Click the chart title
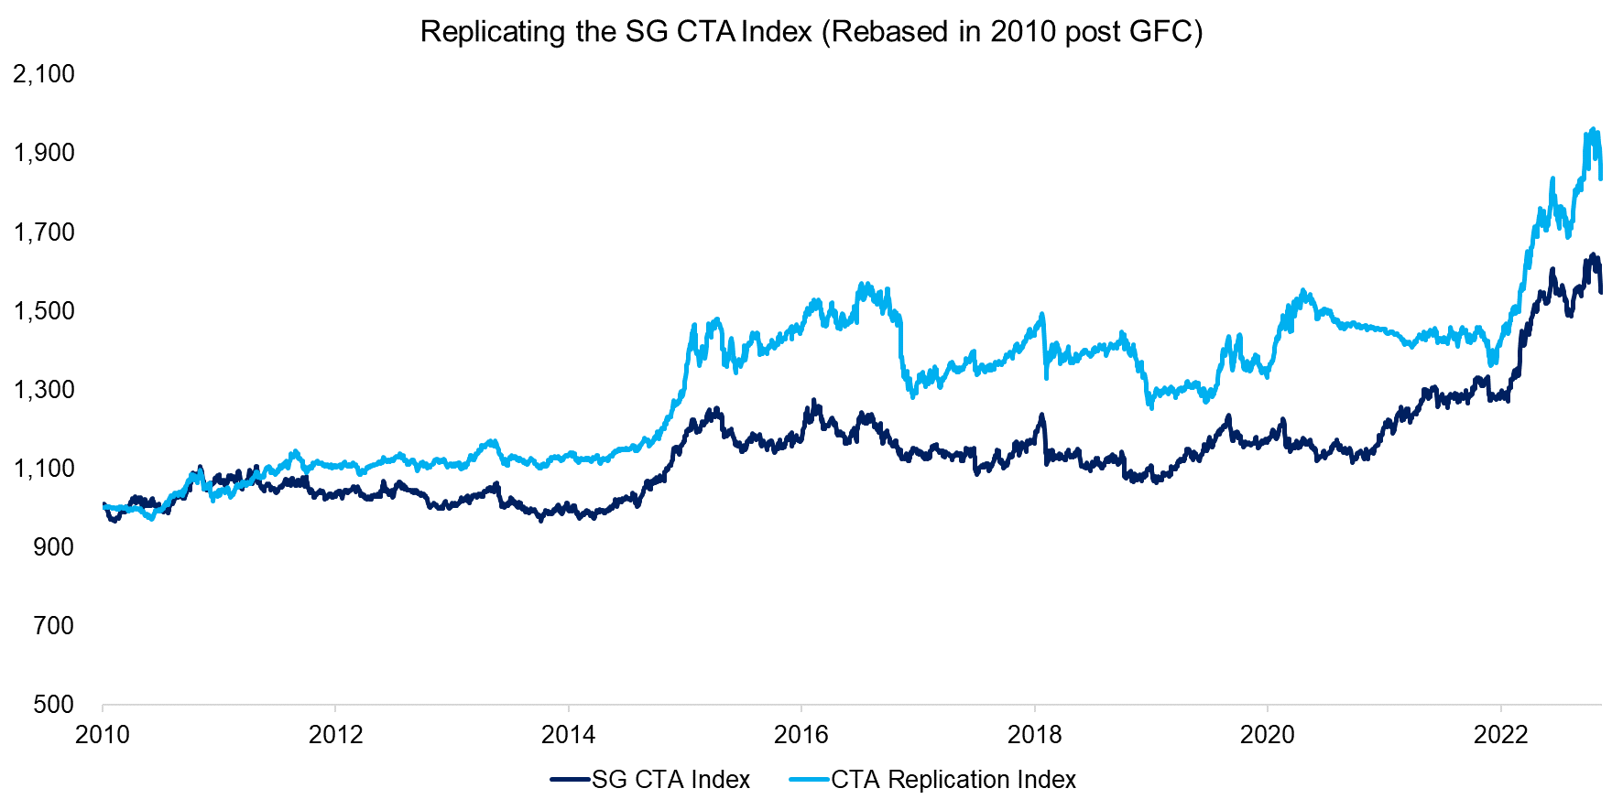(811, 32)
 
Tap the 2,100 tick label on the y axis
(44, 74)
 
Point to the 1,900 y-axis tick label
(44, 153)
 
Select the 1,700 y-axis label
(44, 232)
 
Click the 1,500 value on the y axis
(44, 311)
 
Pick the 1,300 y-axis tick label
(44, 390)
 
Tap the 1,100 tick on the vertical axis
(44, 469)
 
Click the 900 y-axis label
(53, 547)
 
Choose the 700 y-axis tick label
(53, 626)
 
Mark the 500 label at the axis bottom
(53, 705)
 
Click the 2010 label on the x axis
(103, 734)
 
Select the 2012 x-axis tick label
(336, 734)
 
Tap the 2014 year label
(569, 734)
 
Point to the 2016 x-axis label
(801, 734)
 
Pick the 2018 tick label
(1034, 734)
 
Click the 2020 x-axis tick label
(1268, 734)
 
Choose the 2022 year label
(1500, 734)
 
